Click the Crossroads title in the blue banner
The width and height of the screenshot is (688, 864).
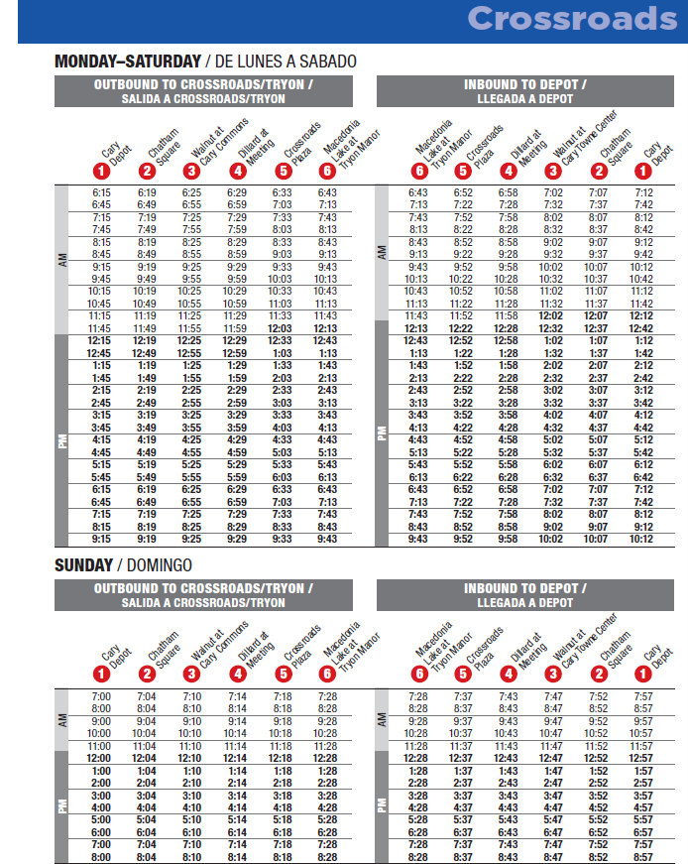click(572, 19)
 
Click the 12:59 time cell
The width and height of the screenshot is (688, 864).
click(236, 353)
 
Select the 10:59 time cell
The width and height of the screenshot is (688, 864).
click(236, 304)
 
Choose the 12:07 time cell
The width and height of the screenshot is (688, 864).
click(598, 315)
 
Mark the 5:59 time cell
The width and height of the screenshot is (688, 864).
click(236, 477)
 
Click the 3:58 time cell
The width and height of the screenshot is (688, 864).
click(508, 416)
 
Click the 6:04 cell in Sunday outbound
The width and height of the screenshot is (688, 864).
click(147, 830)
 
